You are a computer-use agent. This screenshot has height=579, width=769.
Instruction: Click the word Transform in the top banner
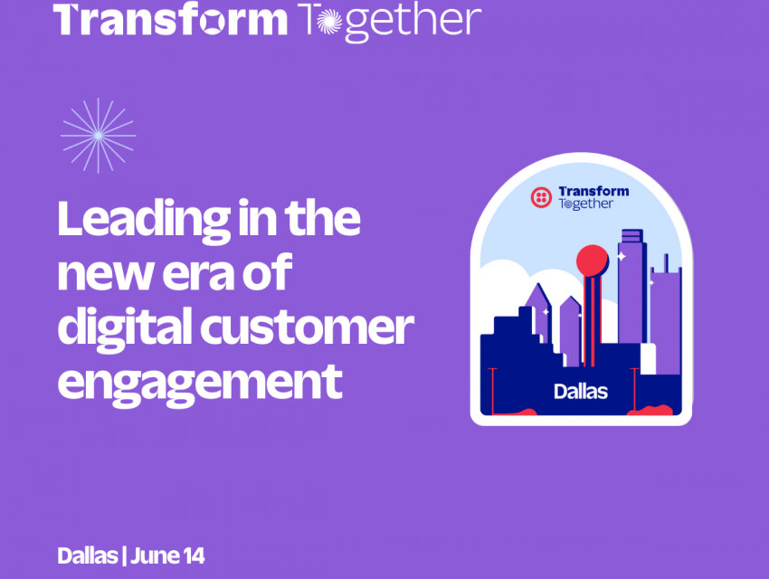(170, 20)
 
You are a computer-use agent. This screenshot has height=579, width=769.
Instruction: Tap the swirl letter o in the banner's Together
(328, 22)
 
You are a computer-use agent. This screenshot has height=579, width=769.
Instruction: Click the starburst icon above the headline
(98, 136)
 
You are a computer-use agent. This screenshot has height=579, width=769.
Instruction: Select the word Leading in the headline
(144, 220)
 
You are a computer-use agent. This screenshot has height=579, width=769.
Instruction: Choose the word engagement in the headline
(200, 384)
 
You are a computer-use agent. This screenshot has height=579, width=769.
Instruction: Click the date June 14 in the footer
(167, 556)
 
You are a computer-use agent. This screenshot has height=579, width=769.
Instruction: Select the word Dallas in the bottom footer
(87, 556)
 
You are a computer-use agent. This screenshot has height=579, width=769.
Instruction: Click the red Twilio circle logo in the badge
(541, 197)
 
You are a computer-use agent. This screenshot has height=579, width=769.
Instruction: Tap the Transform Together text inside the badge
(593, 197)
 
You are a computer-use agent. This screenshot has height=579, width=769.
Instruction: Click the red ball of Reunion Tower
(592, 261)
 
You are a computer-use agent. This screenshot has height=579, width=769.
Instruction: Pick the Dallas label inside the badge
(581, 392)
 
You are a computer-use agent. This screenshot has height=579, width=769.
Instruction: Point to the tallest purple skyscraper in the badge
(631, 287)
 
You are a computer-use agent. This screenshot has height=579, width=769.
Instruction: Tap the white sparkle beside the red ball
(621, 256)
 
